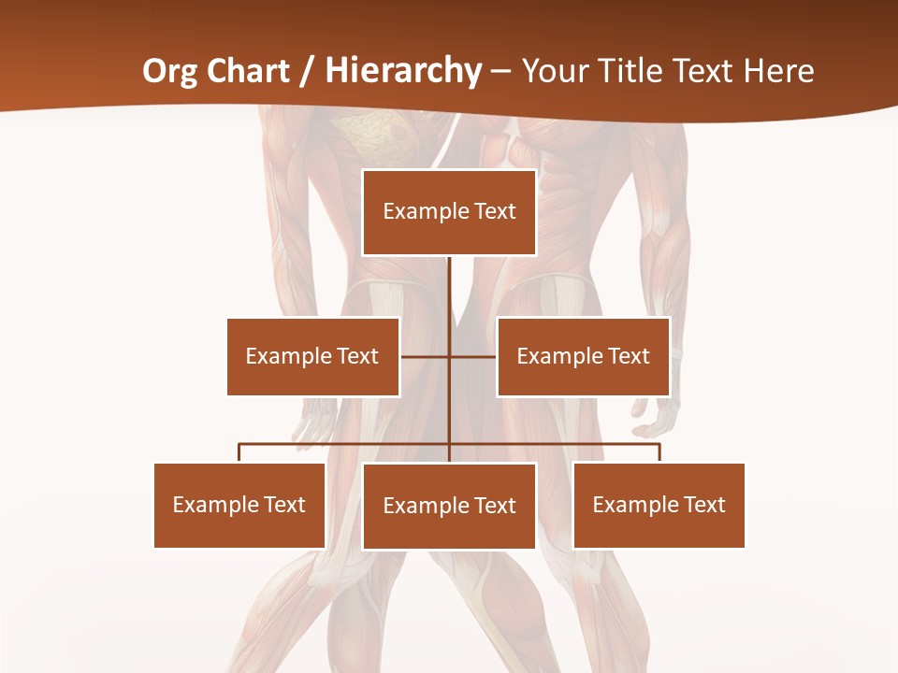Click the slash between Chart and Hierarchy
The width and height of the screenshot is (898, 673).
tap(306, 70)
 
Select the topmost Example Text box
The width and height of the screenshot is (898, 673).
tap(449, 212)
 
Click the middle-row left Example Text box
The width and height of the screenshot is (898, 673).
tap(312, 356)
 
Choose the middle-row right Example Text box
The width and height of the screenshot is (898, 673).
tap(583, 356)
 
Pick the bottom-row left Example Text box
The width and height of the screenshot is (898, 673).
tap(239, 505)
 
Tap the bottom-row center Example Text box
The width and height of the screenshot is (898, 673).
tap(449, 506)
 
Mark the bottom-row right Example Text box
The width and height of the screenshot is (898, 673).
tap(659, 505)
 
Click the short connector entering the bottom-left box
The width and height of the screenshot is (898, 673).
tap(239, 453)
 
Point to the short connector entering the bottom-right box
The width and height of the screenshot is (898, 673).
tap(659, 453)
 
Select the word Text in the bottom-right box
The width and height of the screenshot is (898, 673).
tap(705, 505)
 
